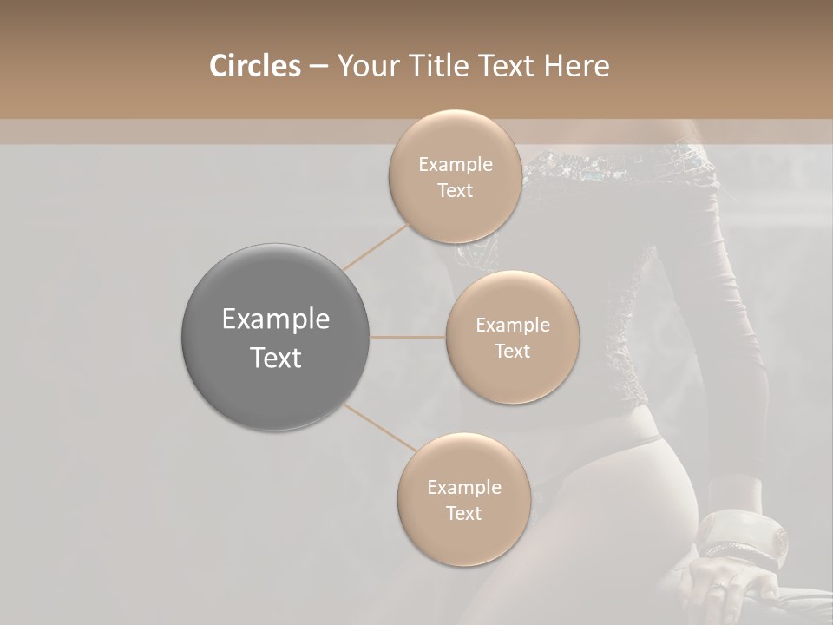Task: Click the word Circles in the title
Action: [x=254, y=66]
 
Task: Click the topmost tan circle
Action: [x=455, y=176]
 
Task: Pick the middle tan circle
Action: [x=512, y=337]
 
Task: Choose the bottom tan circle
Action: [x=463, y=499]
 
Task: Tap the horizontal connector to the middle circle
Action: [x=408, y=337]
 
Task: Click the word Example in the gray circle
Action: [x=276, y=319]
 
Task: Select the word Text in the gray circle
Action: [x=276, y=358]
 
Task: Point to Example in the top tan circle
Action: [x=456, y=165]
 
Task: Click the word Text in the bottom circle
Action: [x=463, y=513]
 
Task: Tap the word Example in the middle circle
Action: [x=512, y=326]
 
